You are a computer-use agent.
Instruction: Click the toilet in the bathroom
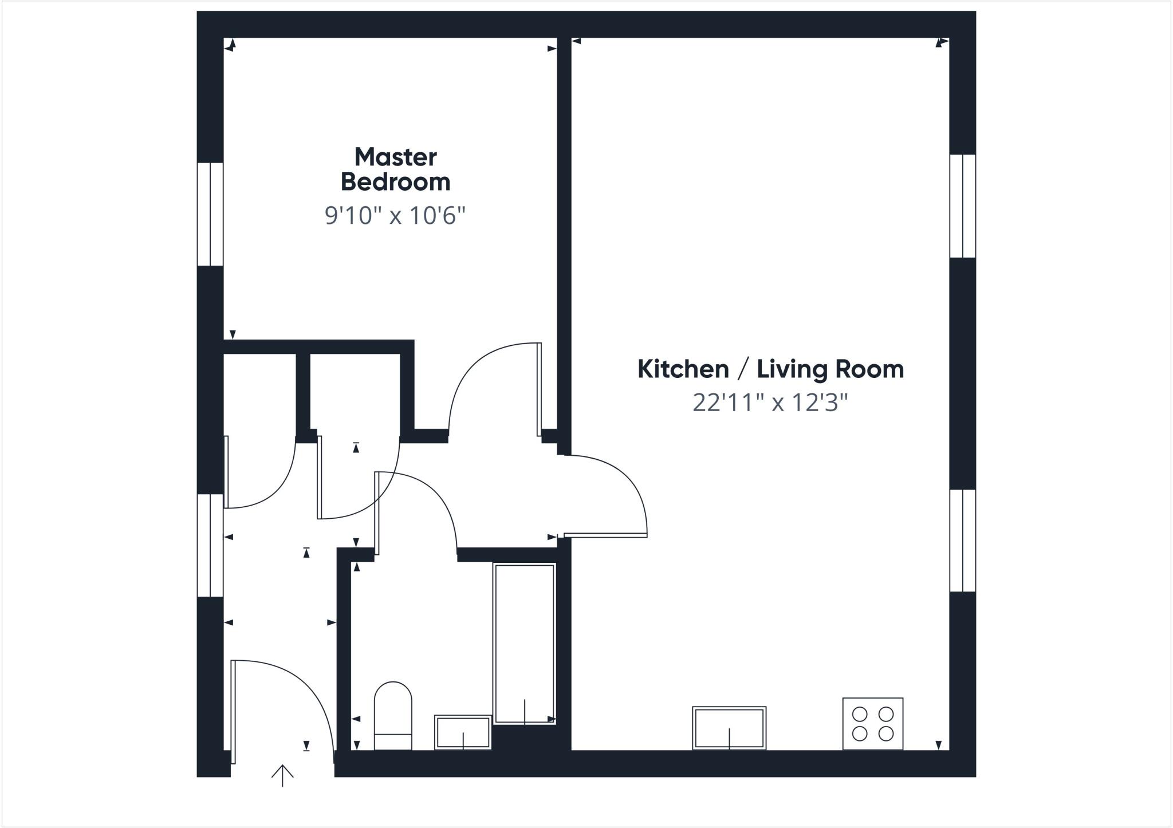click(x=393, y=716)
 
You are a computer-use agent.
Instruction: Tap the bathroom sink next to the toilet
click(x=463, y=732)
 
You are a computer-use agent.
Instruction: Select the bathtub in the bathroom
click(x=524, y=644)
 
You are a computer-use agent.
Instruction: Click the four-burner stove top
click(x=872, y=723)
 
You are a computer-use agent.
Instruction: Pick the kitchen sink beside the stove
click(x=729, y=728)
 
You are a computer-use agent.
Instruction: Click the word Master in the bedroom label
click(x=395, y=157)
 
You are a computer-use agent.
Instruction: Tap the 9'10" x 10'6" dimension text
click(x=395, y=216)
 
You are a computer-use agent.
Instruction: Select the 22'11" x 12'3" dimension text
click(x=770, y=403)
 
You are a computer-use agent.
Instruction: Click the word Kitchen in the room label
click(x=683, y=369)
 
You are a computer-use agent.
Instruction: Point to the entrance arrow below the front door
click(x=282, y=775)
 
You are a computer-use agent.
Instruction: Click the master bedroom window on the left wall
click(x=210, y=214)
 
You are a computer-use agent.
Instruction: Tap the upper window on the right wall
click(x=962, y=206)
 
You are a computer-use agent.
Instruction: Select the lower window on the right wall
click(x=962, y=541)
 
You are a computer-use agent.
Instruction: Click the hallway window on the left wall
click(x=210, y=545)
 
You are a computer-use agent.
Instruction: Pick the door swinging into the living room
click(x=605, y=535)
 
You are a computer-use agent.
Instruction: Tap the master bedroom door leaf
click(x=539, y=389)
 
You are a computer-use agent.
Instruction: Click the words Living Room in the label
click(x=830, y=369)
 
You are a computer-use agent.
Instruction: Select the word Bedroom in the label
click(x=395, y=182)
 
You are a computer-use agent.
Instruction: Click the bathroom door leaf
click(x=377, y=513)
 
